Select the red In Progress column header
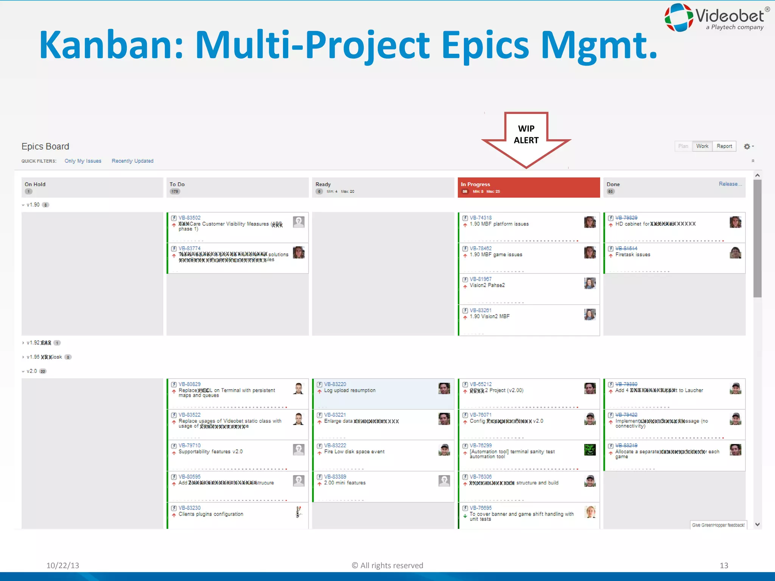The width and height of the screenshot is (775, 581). point(529,187)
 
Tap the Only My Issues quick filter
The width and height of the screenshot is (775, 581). point(83,161)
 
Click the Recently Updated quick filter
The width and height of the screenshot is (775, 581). point(132,161)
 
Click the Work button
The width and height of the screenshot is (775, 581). point(702,146)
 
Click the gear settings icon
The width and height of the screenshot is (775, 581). point(747,146)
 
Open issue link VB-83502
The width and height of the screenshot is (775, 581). point(190,218)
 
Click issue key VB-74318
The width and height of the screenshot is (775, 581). point(481,218)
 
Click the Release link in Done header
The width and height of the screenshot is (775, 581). point(730,184)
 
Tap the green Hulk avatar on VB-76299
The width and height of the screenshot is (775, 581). point(590,450)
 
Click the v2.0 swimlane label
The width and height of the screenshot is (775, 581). point(32,371)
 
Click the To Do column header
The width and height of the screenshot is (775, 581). point(177,184)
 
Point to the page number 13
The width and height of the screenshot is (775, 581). point(724,565)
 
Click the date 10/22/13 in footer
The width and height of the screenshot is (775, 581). point(63,565)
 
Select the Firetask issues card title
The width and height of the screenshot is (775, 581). point(632,255)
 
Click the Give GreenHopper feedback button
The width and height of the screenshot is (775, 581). point(718,525)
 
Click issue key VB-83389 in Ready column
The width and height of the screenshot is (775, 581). point(335,477)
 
